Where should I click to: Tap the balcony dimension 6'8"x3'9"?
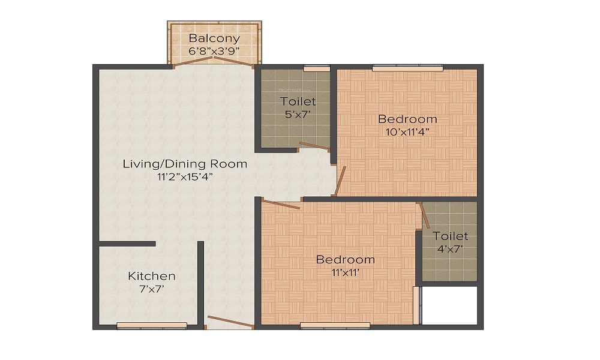[x=214, y=51]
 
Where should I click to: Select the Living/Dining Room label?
[x=185, y=164]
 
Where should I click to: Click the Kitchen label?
[x=152, y=276]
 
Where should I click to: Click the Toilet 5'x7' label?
[x=298, y=102]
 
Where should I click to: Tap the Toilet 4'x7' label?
[x=450, y=236]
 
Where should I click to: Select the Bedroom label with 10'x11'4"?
[x=407, y=119]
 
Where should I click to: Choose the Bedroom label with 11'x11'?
[x=346, y=260]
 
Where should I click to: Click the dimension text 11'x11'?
[x=346, y=272]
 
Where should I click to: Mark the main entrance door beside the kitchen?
[x=230, y=322]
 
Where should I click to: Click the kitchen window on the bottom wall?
[x=152, y=326]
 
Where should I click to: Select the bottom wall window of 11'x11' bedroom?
[x=335, y=326]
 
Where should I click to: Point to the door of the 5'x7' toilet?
[x=314, y=145]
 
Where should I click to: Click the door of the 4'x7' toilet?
[x=424, y=215]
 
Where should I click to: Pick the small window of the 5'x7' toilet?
[x=316, y=68]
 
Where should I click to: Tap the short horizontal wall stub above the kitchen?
[x=127, y=244]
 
